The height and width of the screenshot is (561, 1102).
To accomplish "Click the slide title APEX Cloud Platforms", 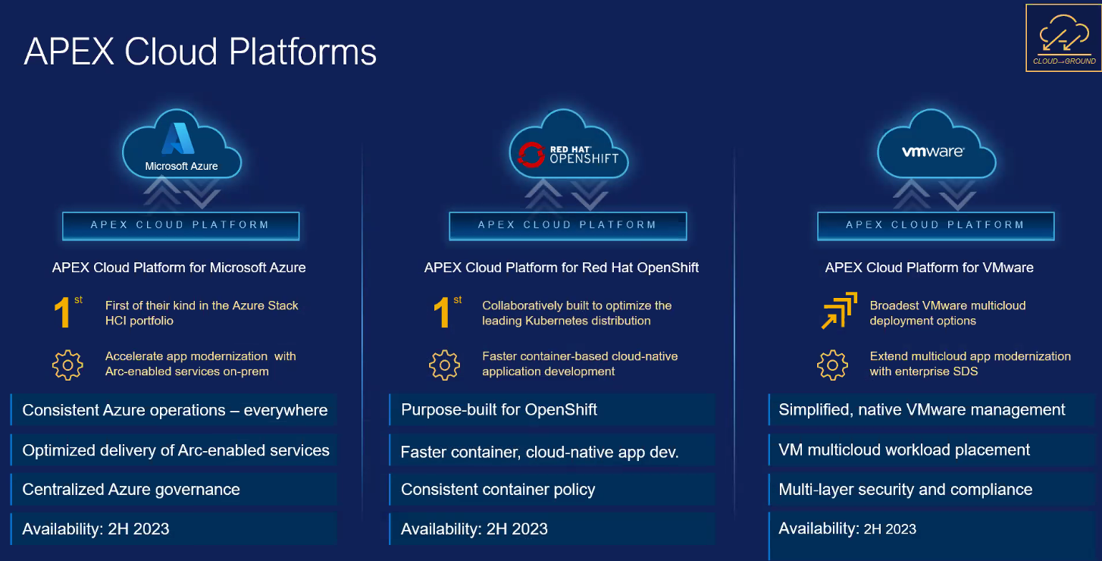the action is (200, 52).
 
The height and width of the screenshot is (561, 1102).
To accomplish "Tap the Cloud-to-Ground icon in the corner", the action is (1063, 39).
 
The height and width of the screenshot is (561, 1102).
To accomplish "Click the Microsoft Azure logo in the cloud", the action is (181, 146).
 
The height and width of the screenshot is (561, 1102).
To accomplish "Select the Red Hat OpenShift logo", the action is (568, 155).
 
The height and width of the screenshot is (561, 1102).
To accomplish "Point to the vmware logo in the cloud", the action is (933, 152).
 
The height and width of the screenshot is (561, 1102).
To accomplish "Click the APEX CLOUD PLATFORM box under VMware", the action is (936, 226).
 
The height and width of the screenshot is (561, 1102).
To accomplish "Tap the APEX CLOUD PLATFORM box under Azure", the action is (180, 226).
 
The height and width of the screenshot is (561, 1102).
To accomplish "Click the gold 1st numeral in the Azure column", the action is (67, 312).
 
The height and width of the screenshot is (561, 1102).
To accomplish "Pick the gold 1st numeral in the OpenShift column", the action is (446, 312).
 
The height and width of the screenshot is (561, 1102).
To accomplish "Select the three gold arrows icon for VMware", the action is (839, 310).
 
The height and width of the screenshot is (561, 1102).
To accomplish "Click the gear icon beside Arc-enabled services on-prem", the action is (67, 365).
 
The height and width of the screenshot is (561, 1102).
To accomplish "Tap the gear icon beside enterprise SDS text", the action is (832, 365).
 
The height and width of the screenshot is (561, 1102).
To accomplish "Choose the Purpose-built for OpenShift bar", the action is (552, 409).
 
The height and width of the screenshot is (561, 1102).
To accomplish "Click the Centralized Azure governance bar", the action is (173, 489).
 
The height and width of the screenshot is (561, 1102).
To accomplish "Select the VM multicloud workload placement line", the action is (903, 450).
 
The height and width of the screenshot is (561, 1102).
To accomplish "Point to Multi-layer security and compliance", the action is (905, 489).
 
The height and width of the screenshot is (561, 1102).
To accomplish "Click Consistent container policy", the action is (498, 489).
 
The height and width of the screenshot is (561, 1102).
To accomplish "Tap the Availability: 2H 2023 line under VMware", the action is (847, 528).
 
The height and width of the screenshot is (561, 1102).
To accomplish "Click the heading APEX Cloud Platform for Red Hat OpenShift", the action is (562, 267).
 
